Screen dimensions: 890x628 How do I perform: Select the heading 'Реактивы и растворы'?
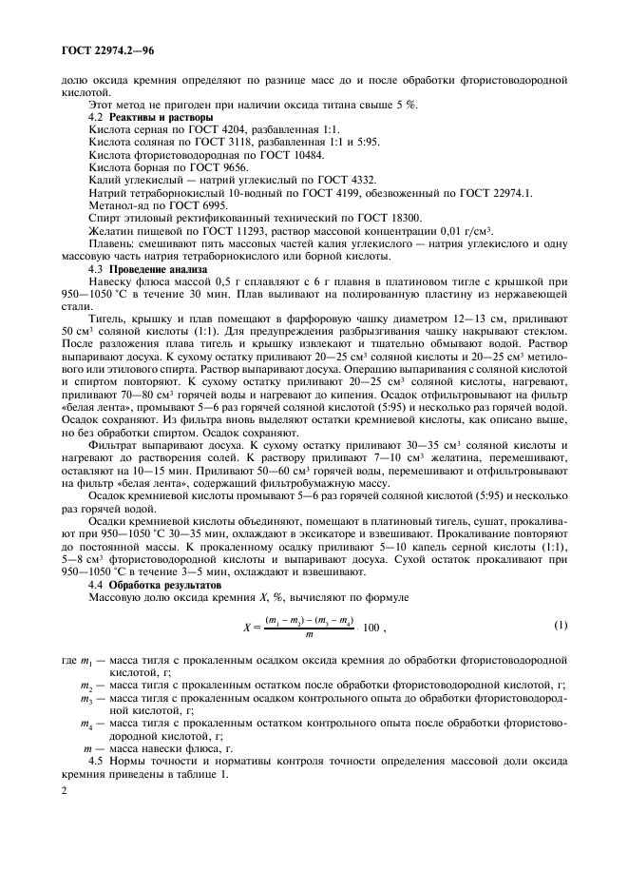pos(161,116)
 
